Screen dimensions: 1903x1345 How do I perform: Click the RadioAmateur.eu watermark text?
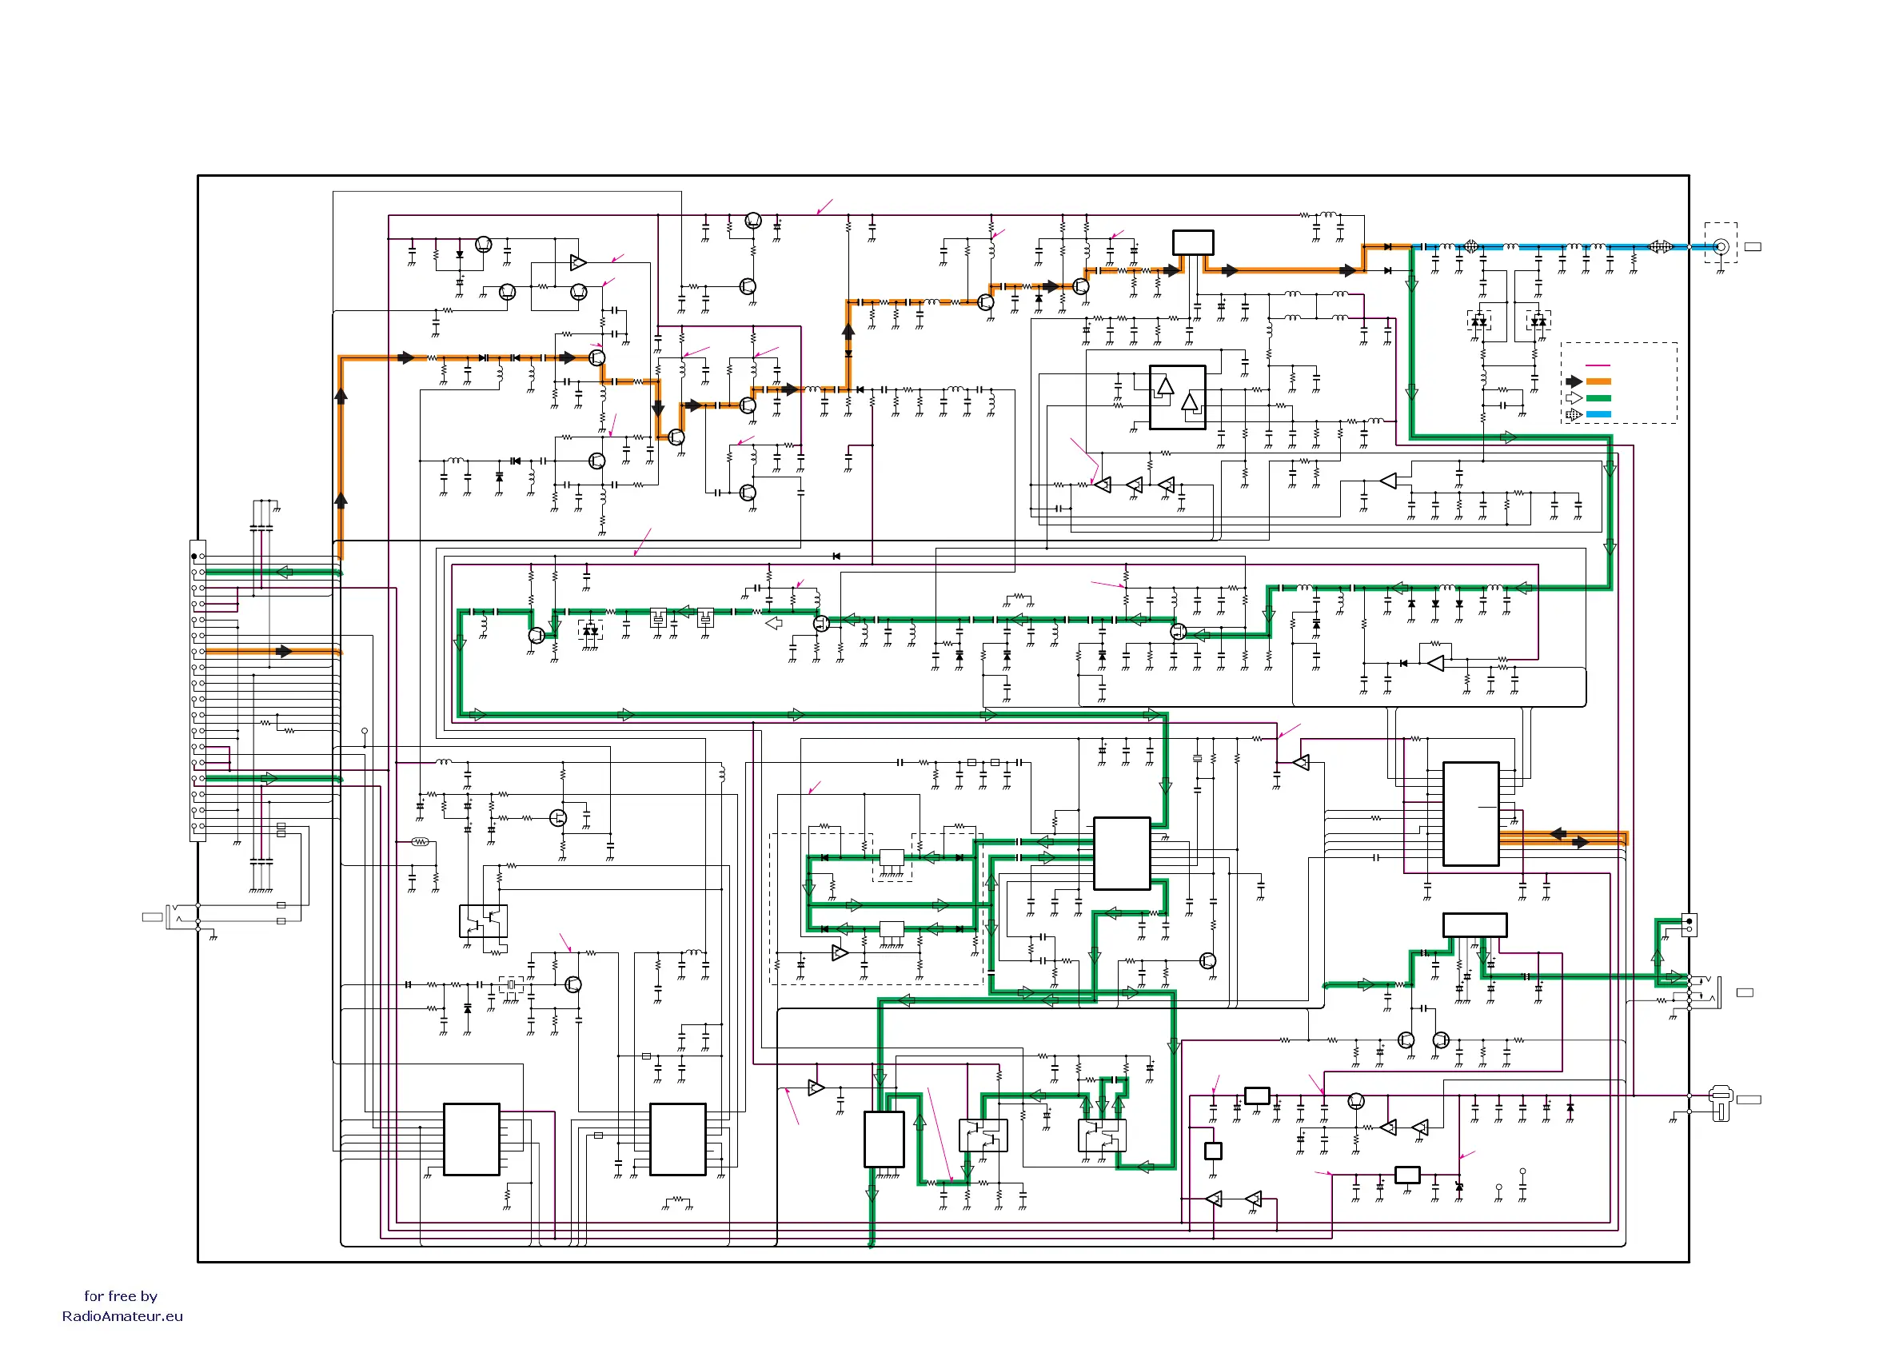click(122, 1316)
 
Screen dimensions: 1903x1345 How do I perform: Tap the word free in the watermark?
click(120, 1296)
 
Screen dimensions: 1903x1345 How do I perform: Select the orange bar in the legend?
click(1598, 382)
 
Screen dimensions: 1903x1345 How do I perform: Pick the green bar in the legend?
click(1598, 398)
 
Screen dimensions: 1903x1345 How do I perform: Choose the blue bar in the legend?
click(1598, 414)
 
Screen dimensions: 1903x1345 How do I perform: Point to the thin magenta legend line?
click(1598, 365)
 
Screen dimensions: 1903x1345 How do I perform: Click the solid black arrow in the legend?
click(1574, 382)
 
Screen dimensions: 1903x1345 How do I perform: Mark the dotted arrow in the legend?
click(1574, 414)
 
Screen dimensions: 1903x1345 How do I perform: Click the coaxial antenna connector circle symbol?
click(1721, 246)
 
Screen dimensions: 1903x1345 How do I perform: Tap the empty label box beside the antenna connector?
click(1753, 246)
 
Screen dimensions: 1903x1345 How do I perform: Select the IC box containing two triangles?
click(1177, 397)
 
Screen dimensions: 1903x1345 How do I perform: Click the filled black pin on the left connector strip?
click(194, 556)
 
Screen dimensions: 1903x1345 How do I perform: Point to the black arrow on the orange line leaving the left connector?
click(285, 652)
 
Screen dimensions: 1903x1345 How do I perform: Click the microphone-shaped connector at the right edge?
click(1721, 1102)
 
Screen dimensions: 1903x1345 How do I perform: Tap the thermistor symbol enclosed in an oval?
click(421, 842)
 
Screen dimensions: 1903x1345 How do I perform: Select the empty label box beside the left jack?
click(153, 916)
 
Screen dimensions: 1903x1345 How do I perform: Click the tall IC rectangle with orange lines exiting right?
click(1470, 814)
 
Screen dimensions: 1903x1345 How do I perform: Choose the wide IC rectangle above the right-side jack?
click(1474, 925)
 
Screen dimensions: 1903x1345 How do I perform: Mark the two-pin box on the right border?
click(1690, 925)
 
